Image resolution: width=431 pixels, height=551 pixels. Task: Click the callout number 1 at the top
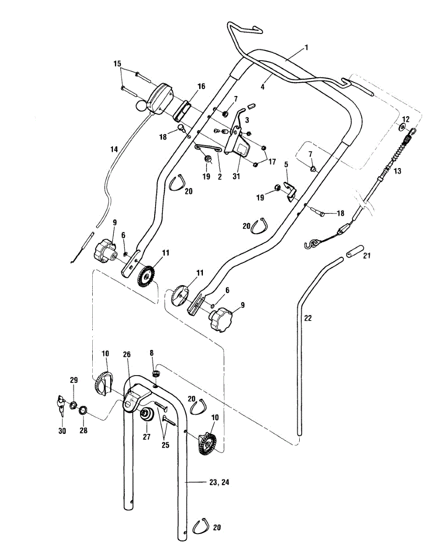pyautogui.click(x=306, y=47)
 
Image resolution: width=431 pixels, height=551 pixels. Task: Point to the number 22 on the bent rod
pyautogui.click(x=308, y=318)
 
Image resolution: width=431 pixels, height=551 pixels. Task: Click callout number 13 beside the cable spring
pyautogui.click(x=397, y=171)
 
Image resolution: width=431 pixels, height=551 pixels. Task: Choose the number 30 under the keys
pyautogui.click(x=62, y=431)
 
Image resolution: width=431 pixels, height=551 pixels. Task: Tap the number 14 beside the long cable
pyautogui.click(x=114, y=149)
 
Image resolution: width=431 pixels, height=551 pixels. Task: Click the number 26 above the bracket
pyautogui.click(x=127, y=354)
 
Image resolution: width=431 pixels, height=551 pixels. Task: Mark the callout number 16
pyautogui.click(x=188, y=86)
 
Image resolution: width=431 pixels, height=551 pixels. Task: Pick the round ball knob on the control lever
pyautogui.click(x=141, y=107)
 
